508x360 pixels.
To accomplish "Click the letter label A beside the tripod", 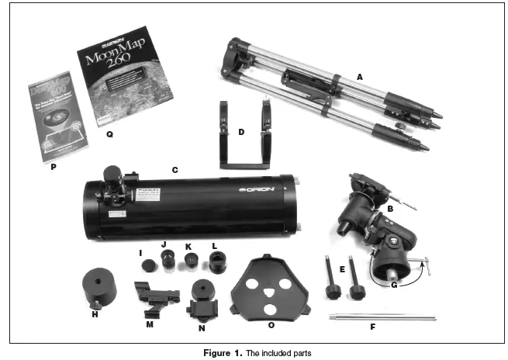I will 358,77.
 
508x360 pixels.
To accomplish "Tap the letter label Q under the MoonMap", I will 109,133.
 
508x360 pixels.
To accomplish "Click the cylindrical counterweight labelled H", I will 98,287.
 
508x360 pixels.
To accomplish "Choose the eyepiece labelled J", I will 166,261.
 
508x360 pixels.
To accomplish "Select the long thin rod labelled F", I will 383,317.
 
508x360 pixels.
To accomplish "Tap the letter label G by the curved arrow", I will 393,284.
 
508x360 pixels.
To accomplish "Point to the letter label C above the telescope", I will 175,168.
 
